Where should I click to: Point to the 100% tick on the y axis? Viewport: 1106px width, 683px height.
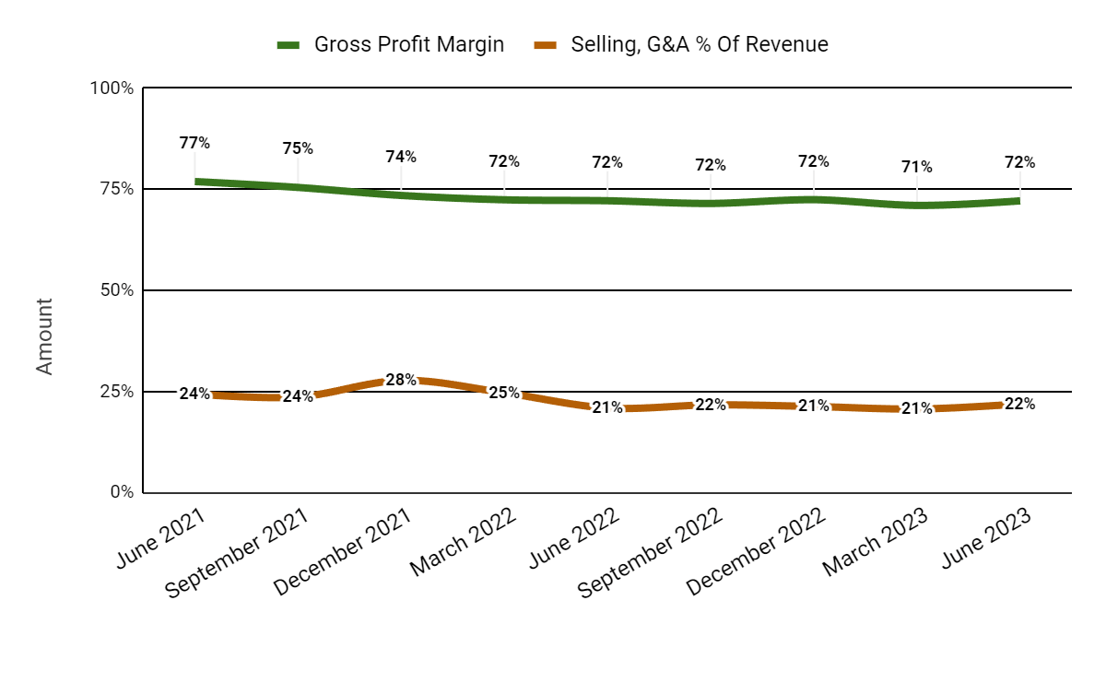pos(112,88)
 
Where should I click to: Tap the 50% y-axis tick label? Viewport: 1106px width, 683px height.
pos(115,290)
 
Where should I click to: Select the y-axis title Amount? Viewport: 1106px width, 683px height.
pos(44,336)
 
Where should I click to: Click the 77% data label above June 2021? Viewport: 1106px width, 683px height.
pos(194,143)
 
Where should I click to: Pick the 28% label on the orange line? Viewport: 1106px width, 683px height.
pos(401,380)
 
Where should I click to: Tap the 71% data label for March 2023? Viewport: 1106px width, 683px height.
pos(917,167)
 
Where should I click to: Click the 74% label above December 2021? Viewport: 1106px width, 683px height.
pos(401,157)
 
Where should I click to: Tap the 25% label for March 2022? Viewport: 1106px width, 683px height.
pos(504,393)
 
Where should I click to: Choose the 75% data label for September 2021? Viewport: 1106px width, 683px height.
pos(298,148)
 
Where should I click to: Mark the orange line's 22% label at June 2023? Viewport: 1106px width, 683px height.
pos(1019,404)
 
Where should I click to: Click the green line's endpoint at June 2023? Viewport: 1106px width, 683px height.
pos(1018,200)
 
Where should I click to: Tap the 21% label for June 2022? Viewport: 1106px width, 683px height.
pos(607,407)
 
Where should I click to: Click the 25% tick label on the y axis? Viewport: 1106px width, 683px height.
pos(115,392)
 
